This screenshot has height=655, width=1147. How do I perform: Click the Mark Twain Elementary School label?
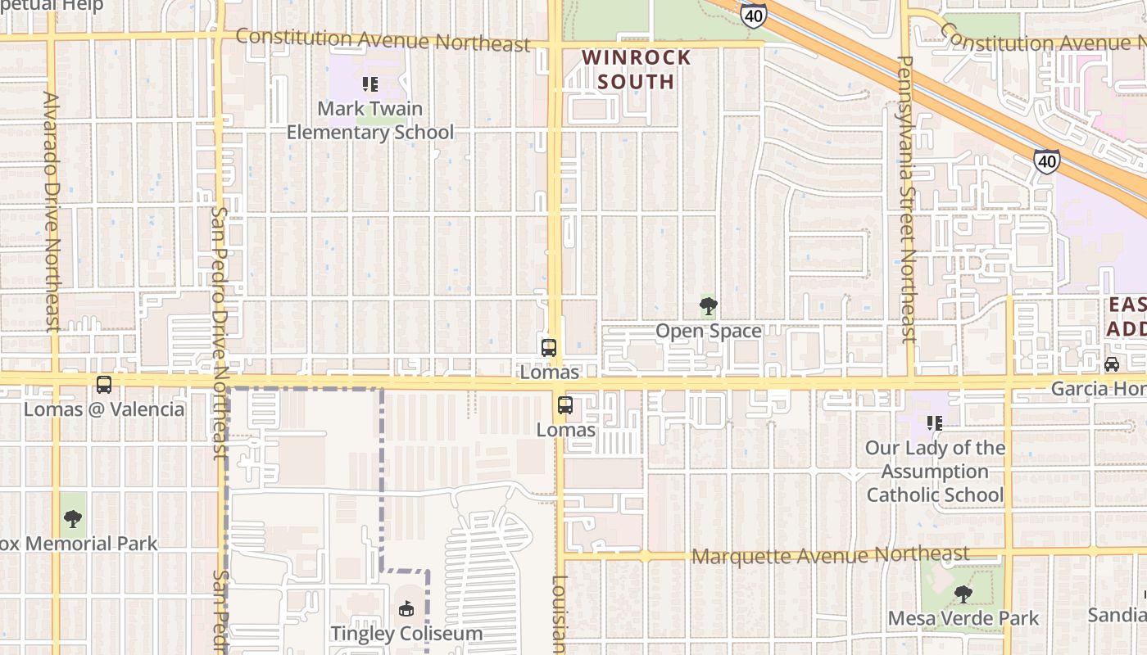(x=370, y=120)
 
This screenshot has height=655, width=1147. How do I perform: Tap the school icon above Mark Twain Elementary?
(x=369, y=84)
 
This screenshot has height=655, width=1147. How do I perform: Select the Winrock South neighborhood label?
(x=637, y=70)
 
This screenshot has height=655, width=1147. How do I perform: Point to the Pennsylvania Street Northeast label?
(x=906, y=198)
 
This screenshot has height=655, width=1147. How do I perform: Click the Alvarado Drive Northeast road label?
(x=52, y=211)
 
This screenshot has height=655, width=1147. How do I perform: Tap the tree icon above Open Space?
(x=709, y=307)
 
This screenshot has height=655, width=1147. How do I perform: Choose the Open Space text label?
(x=709, y=332)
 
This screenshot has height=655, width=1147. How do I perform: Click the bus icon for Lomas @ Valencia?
(x=104, y=385)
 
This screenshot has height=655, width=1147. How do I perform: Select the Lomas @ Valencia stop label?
(x=104, y=409)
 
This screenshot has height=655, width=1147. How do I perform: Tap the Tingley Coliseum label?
(x=406, y=634)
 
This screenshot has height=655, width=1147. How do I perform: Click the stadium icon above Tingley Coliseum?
(x=406, y=608)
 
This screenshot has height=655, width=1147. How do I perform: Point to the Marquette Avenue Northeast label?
(x=830, y=556)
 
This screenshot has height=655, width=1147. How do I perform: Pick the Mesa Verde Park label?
(x=963, y=618)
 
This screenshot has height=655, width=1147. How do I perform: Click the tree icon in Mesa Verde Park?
(x=963, y=594)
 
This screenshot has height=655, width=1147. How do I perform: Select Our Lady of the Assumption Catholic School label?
(x=935, y=471)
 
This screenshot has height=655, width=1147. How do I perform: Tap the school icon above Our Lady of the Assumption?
(x=934, y=423)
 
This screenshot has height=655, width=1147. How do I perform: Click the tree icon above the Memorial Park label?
(x=73, y=518)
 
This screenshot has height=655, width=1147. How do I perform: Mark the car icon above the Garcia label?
(x=1112, y=364)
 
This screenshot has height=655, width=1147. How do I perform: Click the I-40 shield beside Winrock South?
(x=753, y=14)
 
